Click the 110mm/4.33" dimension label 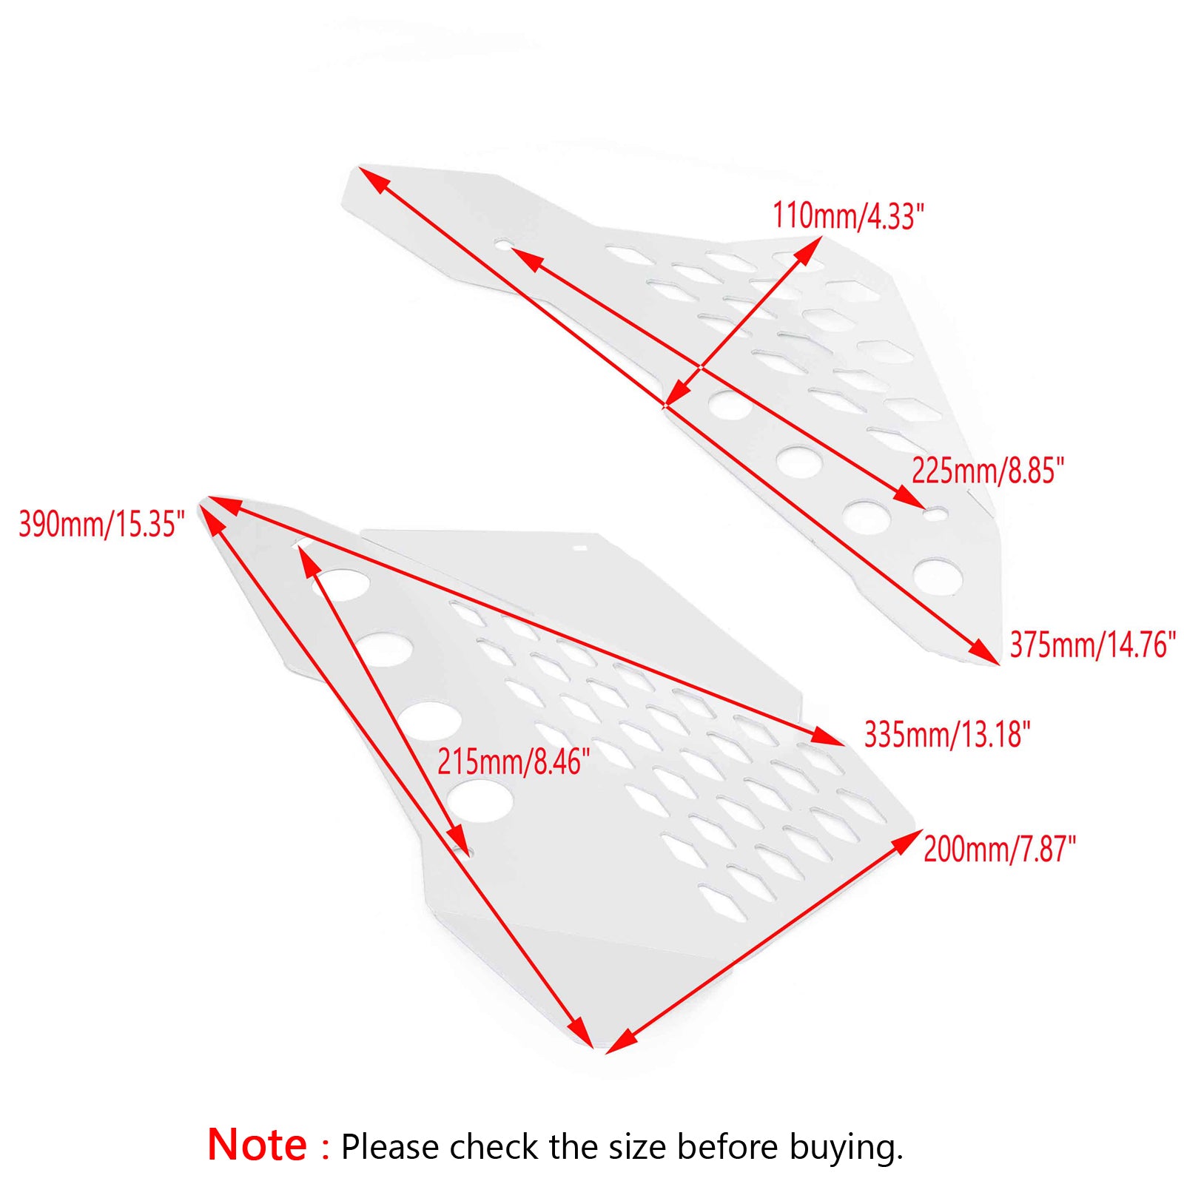pyautogui.click(x=848, y=216)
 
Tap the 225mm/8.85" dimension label pyautogui.click(x=987, y=471)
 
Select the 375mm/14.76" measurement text pyautogui.click(x=1092, y=645)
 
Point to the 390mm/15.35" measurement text pyautogui.click(x=101, y=524)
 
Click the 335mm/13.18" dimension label pyautogui.click(x=947, y=735)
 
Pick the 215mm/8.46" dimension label pyautogui.click(x=514, y=761)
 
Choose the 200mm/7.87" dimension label pyautogui.click(x=1000, y=849)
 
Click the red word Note pyautogui.click(x=257, y=1145)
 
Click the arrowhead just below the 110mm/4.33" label pyautogui.click(x=809, y=249)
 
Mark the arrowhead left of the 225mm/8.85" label pyautogui.click(x=909, y=498)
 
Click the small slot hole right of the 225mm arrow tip pyautogui.click(x=937, y=513)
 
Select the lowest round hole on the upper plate pyautogui.click(x=937, y=576)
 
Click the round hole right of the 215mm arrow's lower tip pyautogui.click(x=480, y=801)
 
